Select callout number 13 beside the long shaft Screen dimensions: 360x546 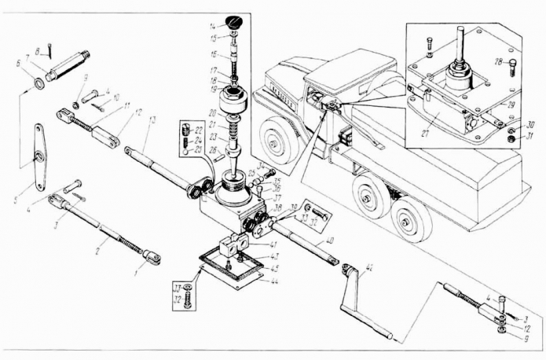coord(152,119)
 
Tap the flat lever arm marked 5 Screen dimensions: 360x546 coord(38,158)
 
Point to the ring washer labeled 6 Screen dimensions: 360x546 coord(37,82)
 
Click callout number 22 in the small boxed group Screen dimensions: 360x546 coord(199,128)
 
